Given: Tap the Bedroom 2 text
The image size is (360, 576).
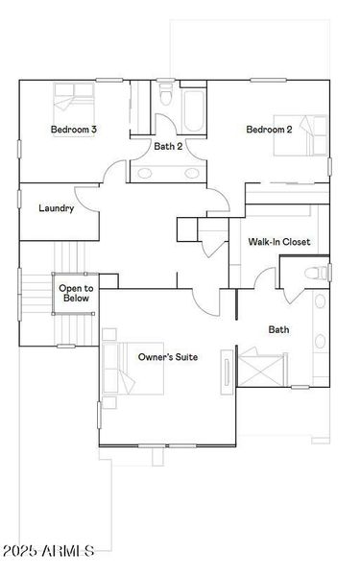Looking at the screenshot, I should coord(268,130).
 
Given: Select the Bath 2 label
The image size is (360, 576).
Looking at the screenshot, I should coord(168,146).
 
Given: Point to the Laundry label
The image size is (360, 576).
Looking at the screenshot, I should coord(56,208).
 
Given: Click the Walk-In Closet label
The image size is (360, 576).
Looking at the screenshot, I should coord(277,242).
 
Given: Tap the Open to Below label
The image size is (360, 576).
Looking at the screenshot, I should coord(76,293).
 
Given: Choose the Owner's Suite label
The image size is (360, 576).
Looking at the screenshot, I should coord(168,357).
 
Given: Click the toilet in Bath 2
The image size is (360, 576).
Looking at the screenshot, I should coord(167,99).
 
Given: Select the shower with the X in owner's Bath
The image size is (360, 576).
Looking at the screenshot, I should coord(260,369).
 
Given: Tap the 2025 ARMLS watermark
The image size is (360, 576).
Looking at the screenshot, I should coord(48,551).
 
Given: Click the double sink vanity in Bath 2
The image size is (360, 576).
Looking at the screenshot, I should coord(168,174).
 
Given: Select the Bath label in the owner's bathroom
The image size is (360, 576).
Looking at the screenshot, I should coord(278,329).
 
